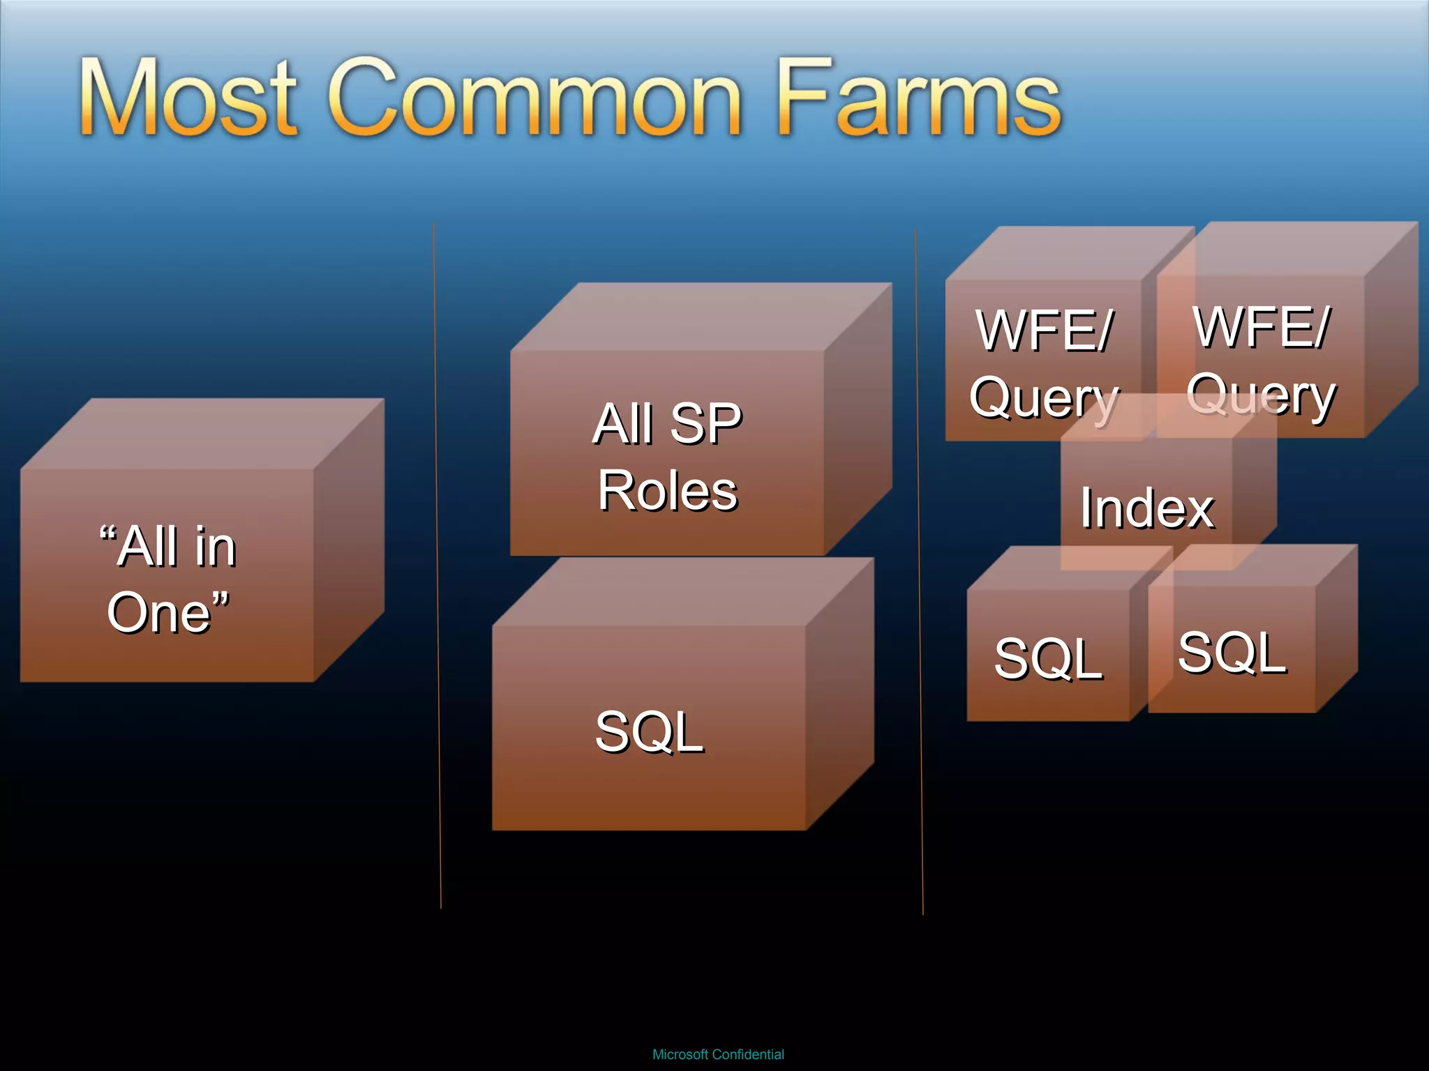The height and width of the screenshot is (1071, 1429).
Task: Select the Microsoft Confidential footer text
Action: pyautogui.click(x=718, y=1054)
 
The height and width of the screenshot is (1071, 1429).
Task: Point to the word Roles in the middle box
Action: pyautogui.click(x=668, y=490)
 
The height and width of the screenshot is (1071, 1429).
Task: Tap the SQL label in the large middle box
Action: pyautogui.click(x=649, y=731)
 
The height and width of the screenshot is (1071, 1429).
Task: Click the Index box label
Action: pyautogui.click(x=1147, y=508)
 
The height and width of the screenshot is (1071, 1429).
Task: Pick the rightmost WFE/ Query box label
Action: pyautogui.click(x=1262, y=359)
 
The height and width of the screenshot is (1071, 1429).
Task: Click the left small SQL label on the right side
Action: pyautogui.click(x=1048, y=658)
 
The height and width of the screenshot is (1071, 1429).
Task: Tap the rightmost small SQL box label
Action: pyautogui.click(x=1232, y=652)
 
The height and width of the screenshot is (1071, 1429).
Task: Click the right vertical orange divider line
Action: pyautogui.click(x=919, y=572)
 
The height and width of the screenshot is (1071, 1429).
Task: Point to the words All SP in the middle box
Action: pyautogui.click(x=668, y=423)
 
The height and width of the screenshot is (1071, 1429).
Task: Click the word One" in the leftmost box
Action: pyautogui.click(x=167, y=612)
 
